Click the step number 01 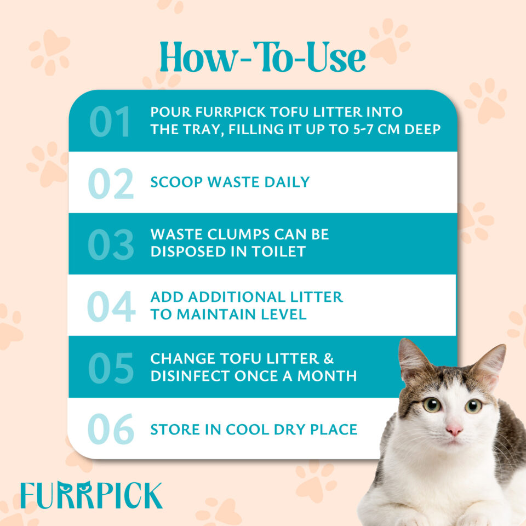pyautogui.click(x=110, y=122)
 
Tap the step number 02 pyautogui.click(x=111, y=184)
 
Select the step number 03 pyautogui.click(x=111, y=244)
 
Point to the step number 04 pyautogui.click(x=111, y=306)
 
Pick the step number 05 pyautogui.click(x=111, y=368)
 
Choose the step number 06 pyautogui.click(x=111, y=429)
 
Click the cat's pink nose pyautogui.click(x=454, y=430)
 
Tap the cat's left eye pyautogui.click(x=432, y=405)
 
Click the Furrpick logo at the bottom pyautogui.click(x=92, y=495)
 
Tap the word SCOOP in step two pyautogui.click(x=176, y=182)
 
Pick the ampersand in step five pyautogui.click(x=329, y=358)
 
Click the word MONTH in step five pyautogui.click(x=327, y=376)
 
